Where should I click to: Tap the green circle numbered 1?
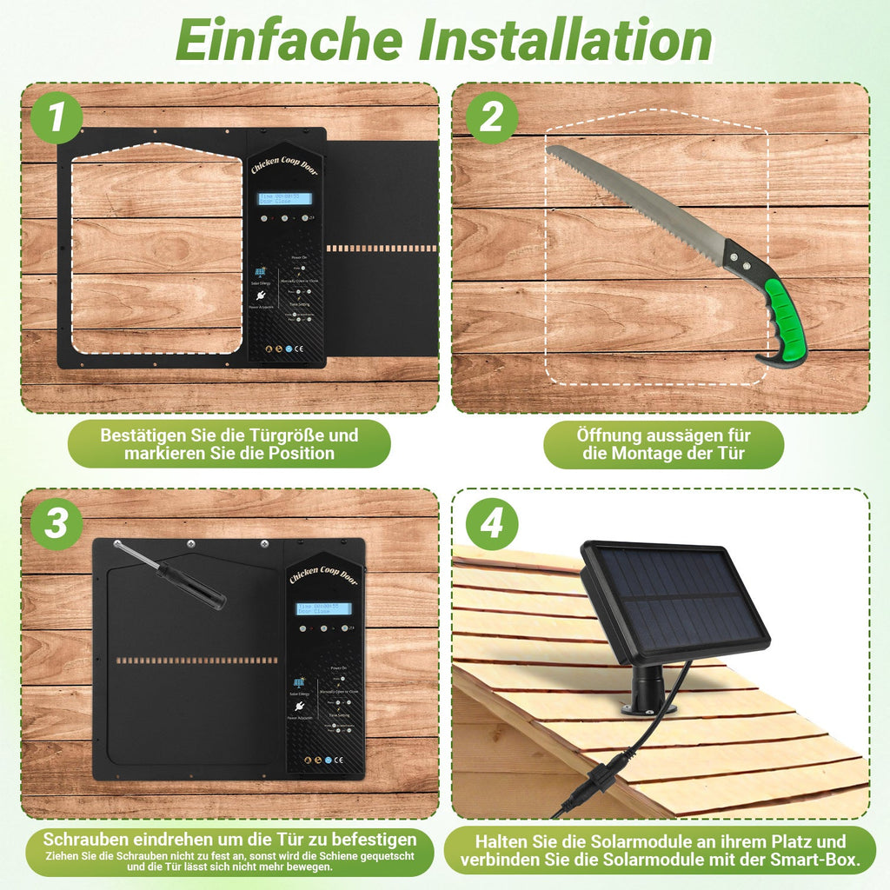tap(56, 117)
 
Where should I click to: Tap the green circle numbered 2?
tap(491, 117)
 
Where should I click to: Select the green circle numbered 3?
tap(56, 524)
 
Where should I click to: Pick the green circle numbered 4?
tap(491, 524)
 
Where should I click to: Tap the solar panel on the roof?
tap(674, 600)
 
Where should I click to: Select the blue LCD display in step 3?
tap(324, 608)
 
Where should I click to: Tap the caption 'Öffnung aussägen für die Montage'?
tap(663, 444)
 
